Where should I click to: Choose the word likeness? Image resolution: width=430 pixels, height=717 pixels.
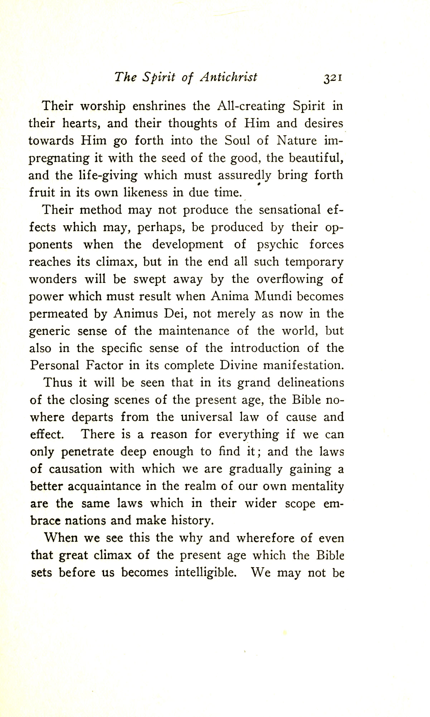(x=146, y=193)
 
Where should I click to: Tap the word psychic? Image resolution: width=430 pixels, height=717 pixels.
(x=278, y=244)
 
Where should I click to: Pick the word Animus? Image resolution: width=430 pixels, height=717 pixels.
(x=136, y=314)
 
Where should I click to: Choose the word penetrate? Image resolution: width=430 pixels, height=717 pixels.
(x=88, y=452)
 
